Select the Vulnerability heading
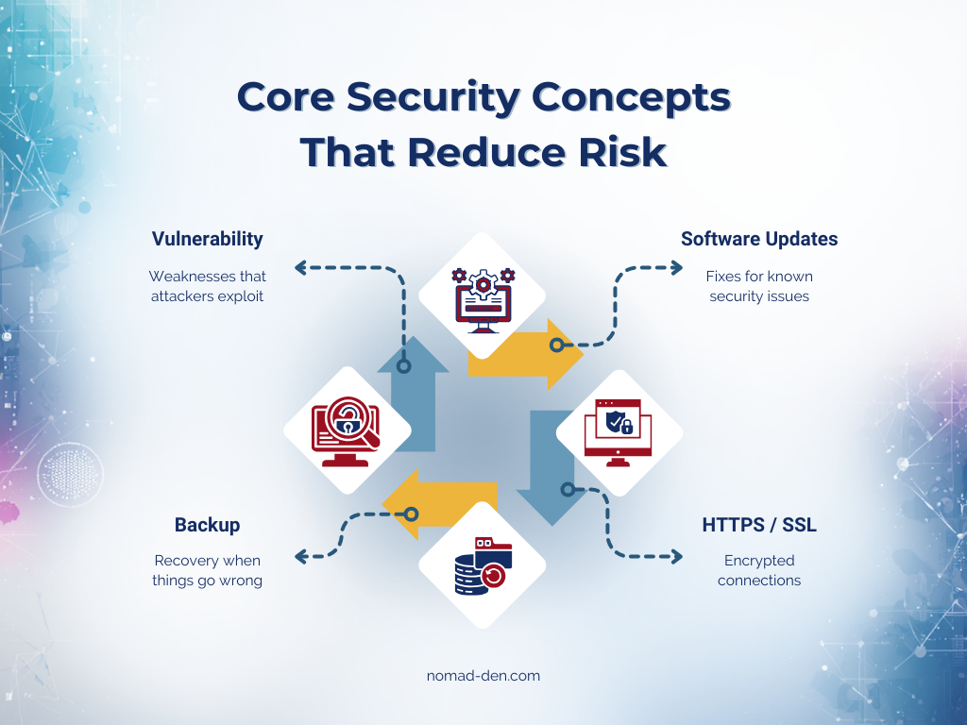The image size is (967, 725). (x=208, y=239)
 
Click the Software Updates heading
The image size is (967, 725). (x=759, y=239)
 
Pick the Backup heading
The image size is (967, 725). (x=208, y=525)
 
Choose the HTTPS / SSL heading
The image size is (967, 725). (x=759, y=525)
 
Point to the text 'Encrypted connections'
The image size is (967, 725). (x=759, y=570)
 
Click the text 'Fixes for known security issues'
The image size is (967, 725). (x=759, y=286)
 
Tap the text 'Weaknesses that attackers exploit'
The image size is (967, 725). (x=208, y=286)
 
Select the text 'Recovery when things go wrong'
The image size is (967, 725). (x=208, y=570)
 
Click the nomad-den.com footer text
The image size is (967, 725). (x=483, y=676)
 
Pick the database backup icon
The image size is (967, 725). (x=483, y=565)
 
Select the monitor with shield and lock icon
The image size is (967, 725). (x=619, y=430)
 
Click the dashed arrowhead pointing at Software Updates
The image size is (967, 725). (x=676, y=268)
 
